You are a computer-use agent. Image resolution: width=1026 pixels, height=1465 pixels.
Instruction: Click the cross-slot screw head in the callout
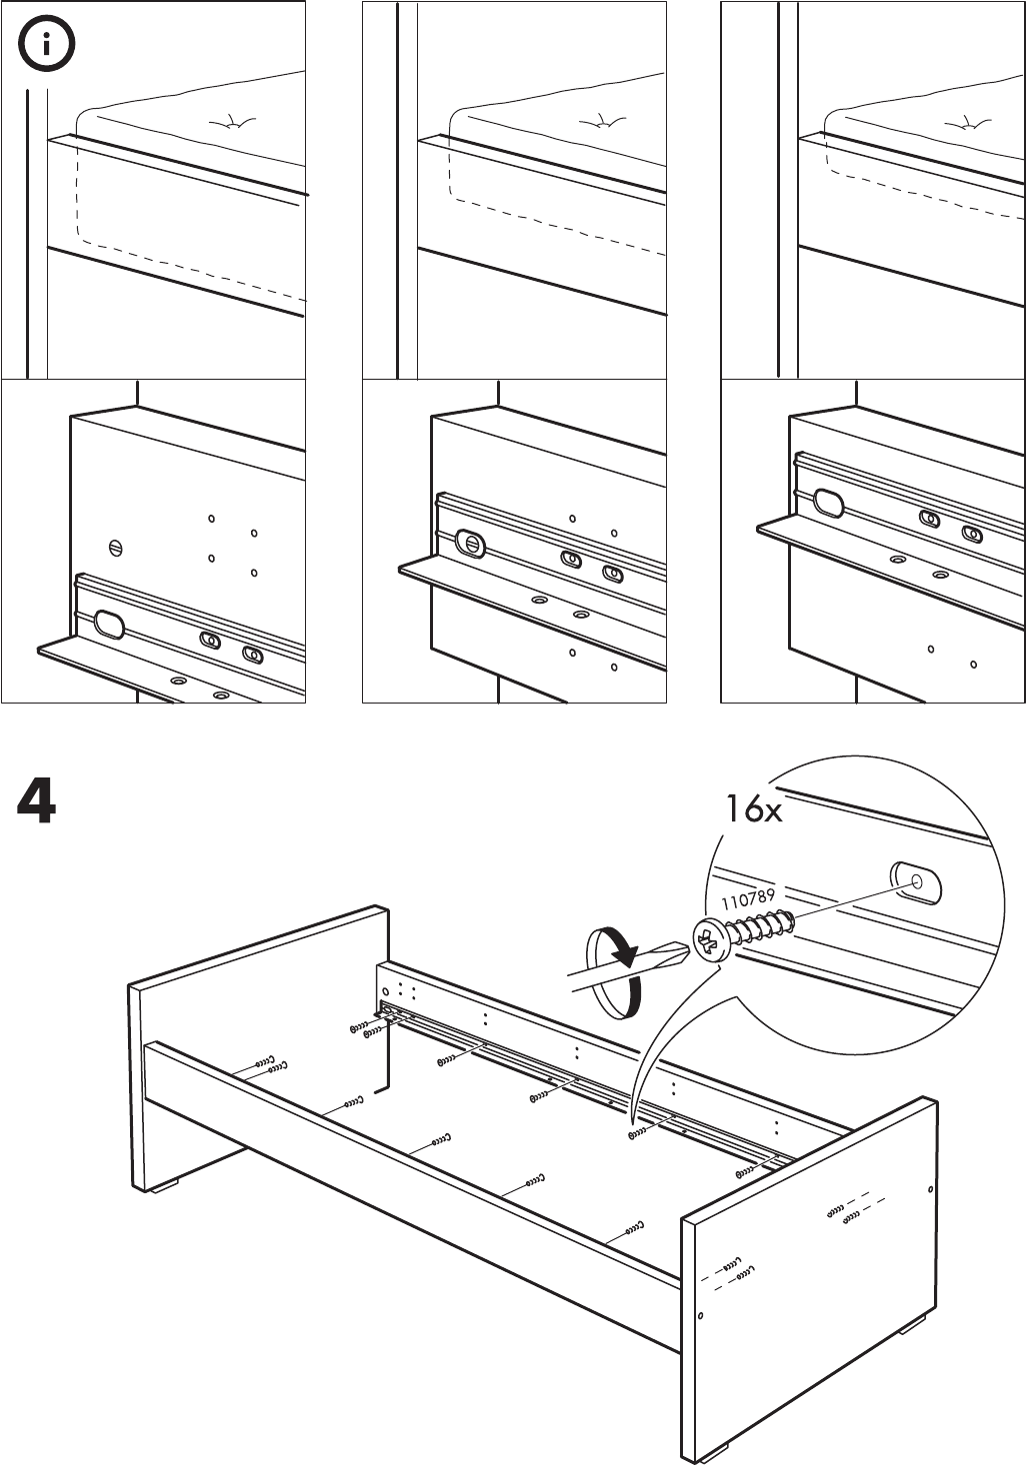[x=710, y=940]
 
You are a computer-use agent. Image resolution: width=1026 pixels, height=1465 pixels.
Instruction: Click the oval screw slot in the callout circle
[x=915, y=881]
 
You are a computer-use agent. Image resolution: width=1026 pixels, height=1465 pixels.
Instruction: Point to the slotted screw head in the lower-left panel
[x=115, y=548]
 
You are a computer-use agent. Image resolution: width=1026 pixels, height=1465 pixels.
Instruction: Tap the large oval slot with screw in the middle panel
[x=471, y=544]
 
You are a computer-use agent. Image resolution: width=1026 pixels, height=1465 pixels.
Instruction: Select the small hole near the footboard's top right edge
[x=931, y=1189]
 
